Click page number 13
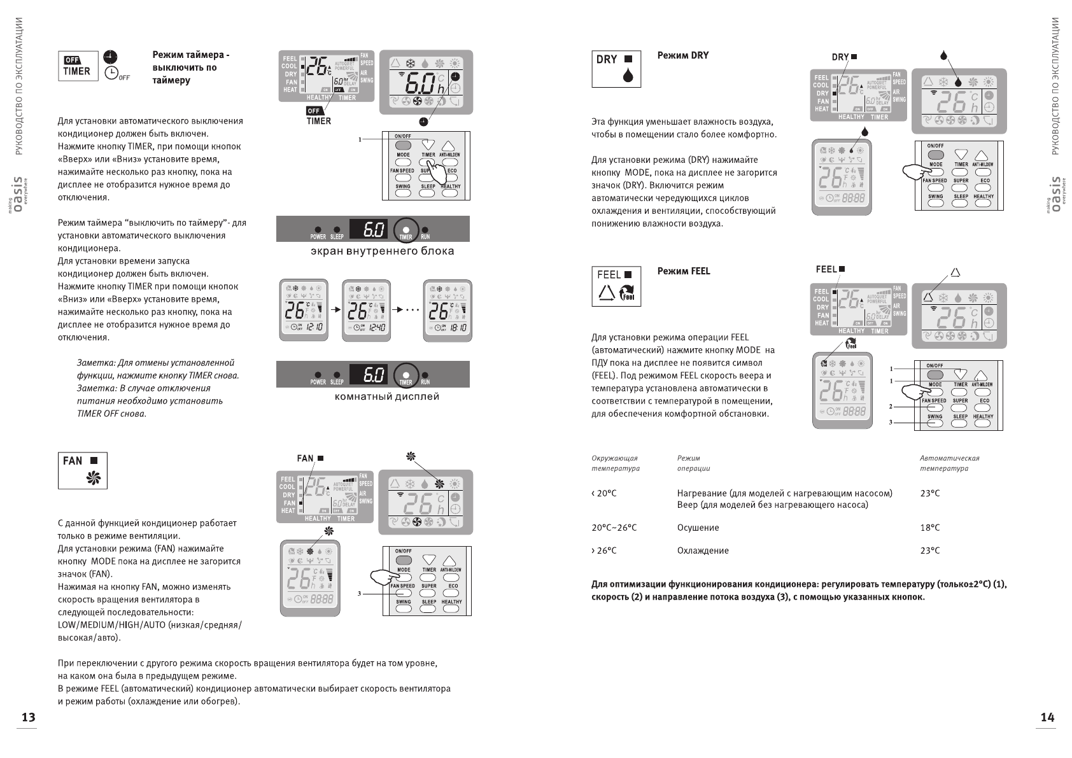(29, 717)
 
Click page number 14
(1047, 717)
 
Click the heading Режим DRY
(682, 55)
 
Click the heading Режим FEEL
(683, 271)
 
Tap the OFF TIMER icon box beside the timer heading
(78, 66)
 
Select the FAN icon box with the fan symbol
(83, 470)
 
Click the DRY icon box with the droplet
(616, 69)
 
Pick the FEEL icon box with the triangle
(616, 286)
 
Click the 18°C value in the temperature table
(929, 528)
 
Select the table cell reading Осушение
(698, 528)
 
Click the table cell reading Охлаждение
(703, 551)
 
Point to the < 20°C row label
(603, 493)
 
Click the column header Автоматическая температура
(949, 463)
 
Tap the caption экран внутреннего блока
(382, 251)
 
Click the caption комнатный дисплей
(387, 397)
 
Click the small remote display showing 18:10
(448, 310)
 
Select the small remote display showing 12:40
(366, 310)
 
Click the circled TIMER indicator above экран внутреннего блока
(406, 229)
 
